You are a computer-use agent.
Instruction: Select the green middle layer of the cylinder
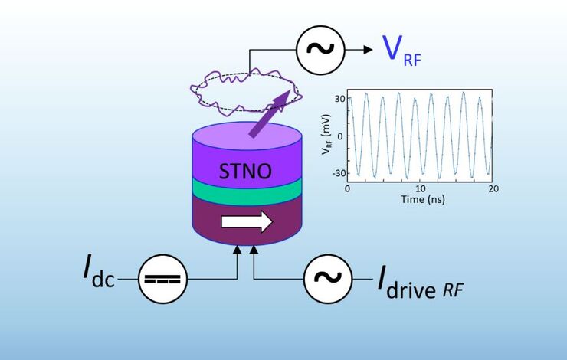point(247,190)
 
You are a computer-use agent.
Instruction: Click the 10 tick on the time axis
point(421,188)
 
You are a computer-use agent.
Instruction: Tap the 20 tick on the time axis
point(493,188)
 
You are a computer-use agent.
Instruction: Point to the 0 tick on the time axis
point(348,188)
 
